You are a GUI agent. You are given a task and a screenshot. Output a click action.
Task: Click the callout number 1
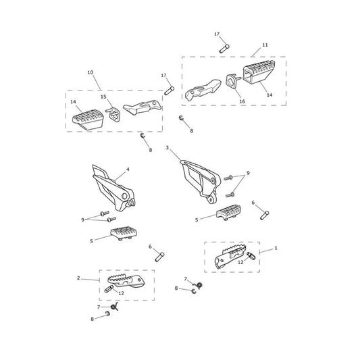point(276,248)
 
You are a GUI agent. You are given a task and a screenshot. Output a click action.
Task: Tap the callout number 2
point(78,278)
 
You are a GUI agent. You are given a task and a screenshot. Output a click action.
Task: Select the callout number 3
point(168,148)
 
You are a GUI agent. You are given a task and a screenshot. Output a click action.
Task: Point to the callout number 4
point(128,170)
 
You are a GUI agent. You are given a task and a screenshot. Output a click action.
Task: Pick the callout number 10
point(91,72)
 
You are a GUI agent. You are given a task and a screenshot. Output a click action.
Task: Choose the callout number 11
point(265,45)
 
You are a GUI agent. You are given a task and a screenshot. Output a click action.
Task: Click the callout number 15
point(103,97)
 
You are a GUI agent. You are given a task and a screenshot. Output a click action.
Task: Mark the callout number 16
point(242,101)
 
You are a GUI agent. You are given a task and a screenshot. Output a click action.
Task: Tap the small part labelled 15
point(113,114)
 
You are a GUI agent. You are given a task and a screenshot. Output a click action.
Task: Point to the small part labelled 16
point(233,81)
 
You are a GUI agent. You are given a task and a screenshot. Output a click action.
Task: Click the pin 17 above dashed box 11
point(224,49)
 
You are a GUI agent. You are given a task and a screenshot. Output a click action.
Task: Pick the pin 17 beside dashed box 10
point(170,91)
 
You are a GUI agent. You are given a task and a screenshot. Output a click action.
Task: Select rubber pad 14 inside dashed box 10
point(88,120)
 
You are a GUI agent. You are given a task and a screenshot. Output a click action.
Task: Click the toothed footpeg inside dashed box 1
point(230,257)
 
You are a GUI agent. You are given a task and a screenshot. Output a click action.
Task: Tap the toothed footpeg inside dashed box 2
point(126,281)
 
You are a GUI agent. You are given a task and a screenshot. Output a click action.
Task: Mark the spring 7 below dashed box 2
point(115,307)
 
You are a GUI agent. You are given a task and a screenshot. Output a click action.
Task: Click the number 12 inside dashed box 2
point(121,293)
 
